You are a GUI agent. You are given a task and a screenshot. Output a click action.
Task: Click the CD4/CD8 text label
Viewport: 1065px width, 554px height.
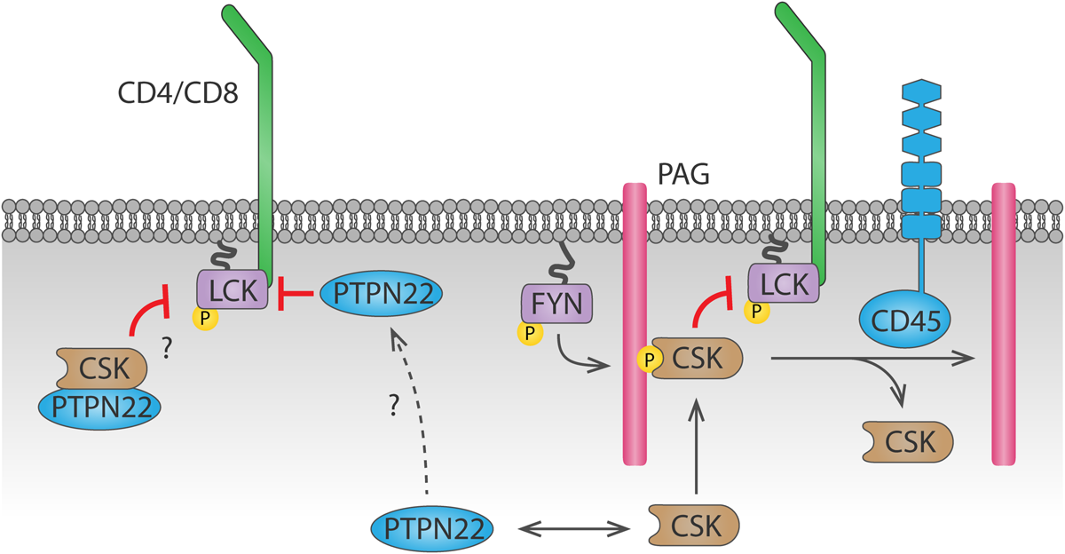[x=177, y=92]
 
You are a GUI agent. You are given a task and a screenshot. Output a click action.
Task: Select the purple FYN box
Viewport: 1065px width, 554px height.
[x=556, y=306]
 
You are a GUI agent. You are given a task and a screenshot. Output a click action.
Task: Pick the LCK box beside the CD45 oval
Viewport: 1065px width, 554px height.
[x=785, y=284]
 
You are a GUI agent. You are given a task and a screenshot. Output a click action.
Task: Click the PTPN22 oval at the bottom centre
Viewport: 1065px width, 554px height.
[x=431, y=528]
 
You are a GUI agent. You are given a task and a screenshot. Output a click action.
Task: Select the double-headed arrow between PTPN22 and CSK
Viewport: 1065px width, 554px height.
[x=571, y=529]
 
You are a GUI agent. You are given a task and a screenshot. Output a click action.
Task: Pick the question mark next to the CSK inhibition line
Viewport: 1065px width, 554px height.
[x=166, y=349]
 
